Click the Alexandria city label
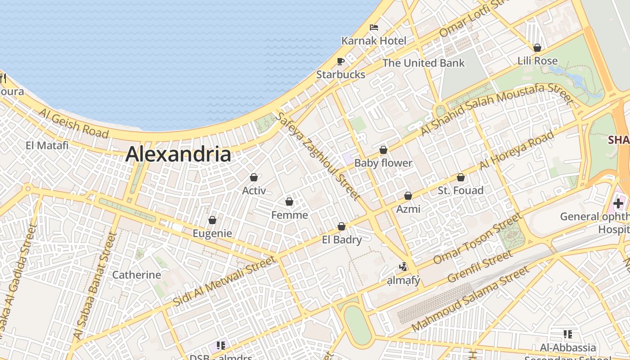[178, 154]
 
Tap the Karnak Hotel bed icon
[374, 27]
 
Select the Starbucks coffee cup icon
[341, 61]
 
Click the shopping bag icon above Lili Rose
[537, 48]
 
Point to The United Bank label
[423, 63]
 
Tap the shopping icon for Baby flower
[383, 150]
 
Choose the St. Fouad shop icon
[460, 178]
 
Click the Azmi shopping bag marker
[408, 196]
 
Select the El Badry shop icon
[342, 226]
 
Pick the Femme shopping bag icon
[289, 202]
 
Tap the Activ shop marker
[254, 177]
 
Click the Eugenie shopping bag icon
[212, 220]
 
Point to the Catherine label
[136, 275]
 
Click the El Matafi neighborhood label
[47, 145]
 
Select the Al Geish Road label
[73, 123]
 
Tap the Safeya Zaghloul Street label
[318, 156]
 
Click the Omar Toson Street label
[477, 239]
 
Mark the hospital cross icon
[618, 203]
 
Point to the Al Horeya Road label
[516, 151]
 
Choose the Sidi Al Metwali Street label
[224, 281]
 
